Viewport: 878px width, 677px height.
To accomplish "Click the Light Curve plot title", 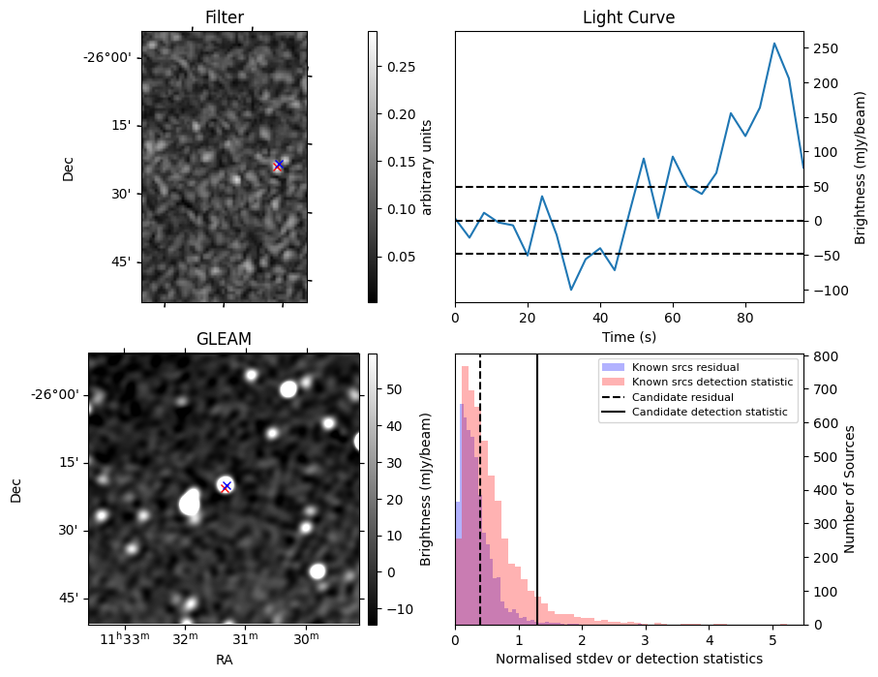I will [628, 17].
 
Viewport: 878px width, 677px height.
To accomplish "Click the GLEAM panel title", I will [224, 339].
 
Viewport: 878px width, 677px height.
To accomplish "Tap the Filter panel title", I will [224, 17].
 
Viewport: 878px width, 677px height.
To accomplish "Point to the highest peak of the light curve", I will [774, 44].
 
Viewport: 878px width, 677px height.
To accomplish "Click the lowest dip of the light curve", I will [571, 290].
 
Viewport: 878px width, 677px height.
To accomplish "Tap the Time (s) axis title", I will [628, 335].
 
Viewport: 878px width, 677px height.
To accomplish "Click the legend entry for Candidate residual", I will [677, 397].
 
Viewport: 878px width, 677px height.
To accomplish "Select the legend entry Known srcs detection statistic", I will [711, 383].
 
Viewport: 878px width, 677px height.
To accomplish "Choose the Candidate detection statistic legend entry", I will [709, 413].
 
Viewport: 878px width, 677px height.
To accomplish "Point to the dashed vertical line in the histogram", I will [480, 504].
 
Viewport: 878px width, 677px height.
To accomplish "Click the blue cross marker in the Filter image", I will [278, 165].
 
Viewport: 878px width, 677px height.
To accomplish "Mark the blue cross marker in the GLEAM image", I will [226, 485].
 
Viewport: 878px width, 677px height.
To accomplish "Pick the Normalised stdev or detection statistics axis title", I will [628, 659].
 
